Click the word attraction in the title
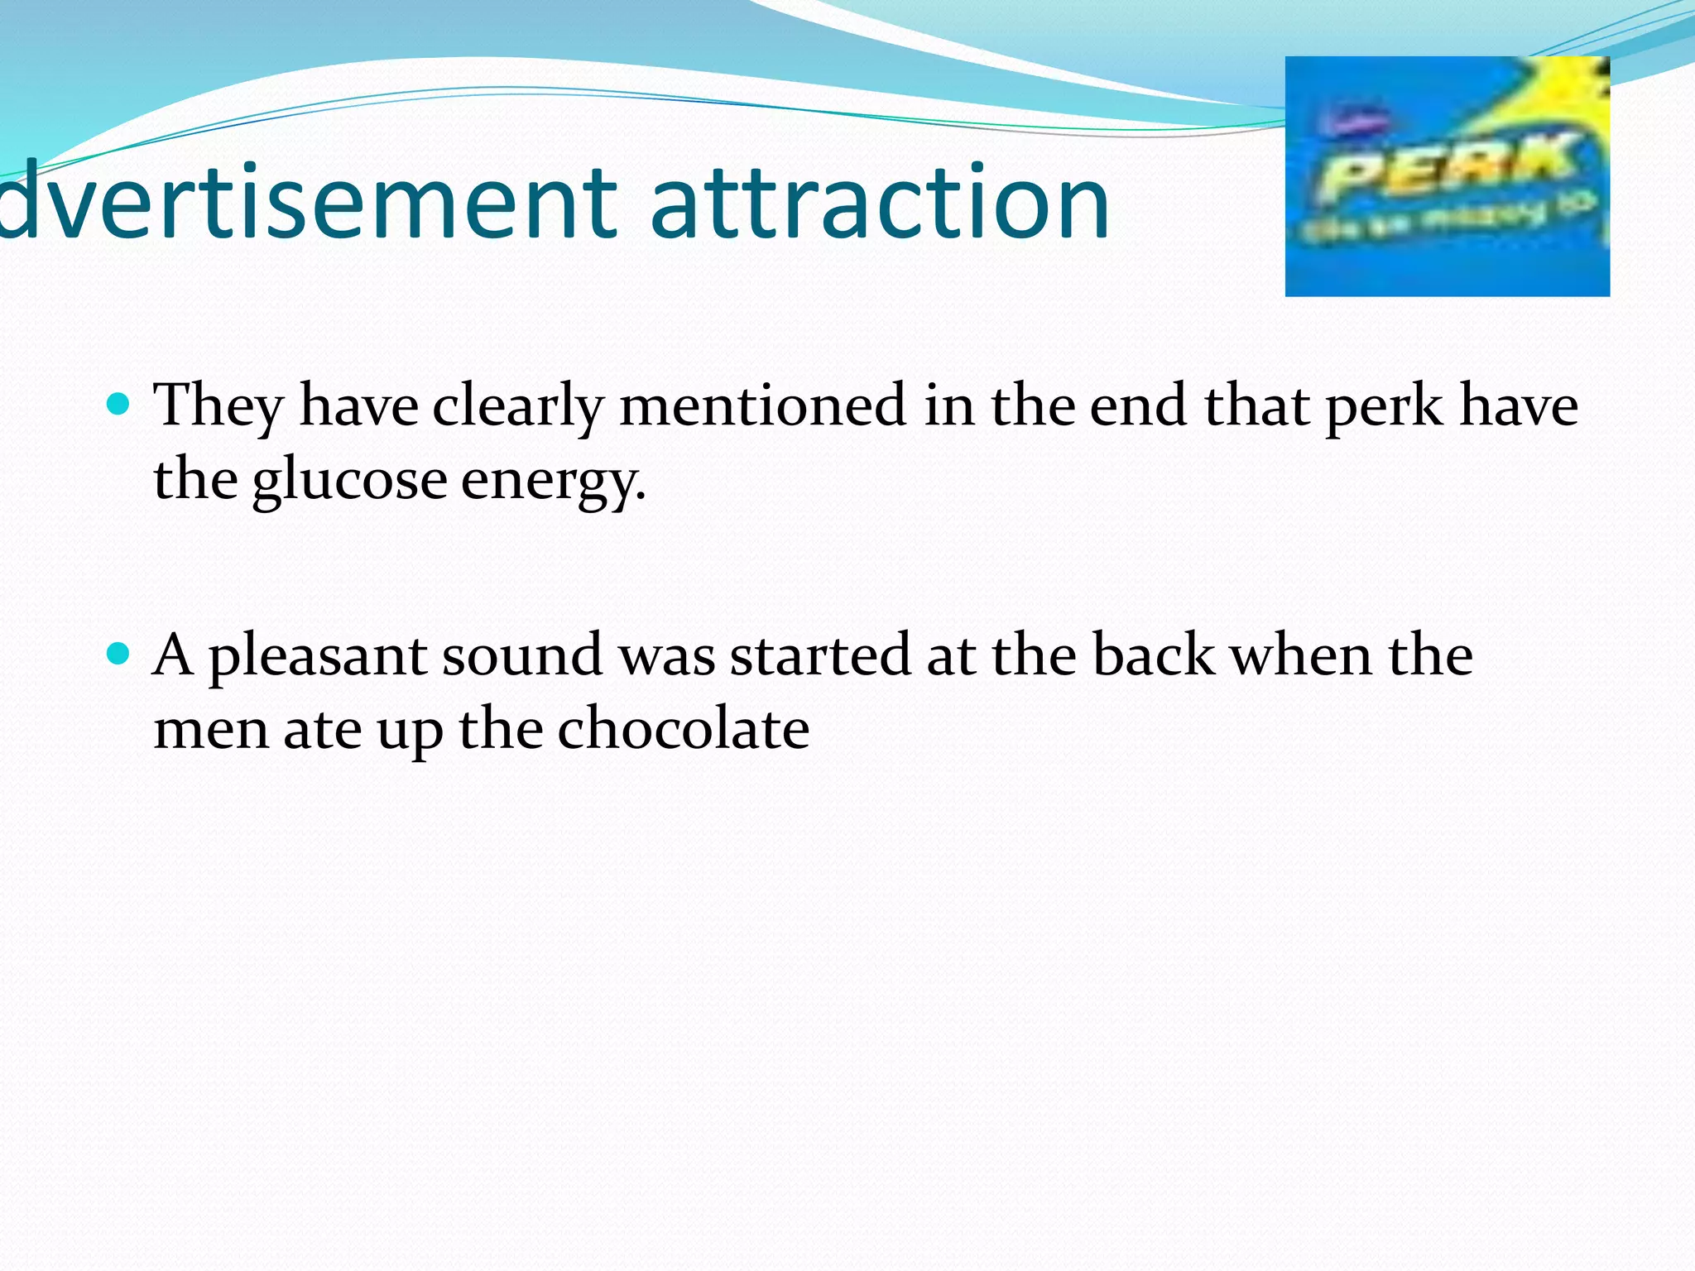click(879, 203)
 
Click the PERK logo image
click(1447, 176)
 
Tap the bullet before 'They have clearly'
click(119, 404)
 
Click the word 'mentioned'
click(761, 405)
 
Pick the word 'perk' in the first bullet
click(1384, 405)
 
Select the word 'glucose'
click(349, 480)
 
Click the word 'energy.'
click(553, 480)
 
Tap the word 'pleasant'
click(317, 655)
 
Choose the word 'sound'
click(521, 655)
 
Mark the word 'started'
click(820, 655)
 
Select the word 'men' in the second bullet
click(211, 730)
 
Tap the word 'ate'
click(323, 730)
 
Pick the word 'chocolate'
click(683, 730)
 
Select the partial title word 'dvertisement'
click(306, 203)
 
